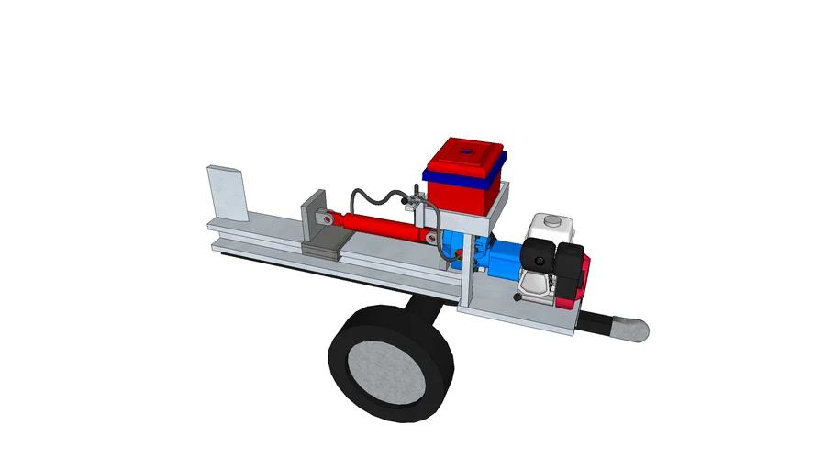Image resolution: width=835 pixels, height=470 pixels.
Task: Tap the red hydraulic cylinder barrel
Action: coord(385,226)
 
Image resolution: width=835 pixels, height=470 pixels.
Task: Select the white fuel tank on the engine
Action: coord(551,229)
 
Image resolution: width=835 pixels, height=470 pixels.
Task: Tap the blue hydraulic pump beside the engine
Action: coord(491,262)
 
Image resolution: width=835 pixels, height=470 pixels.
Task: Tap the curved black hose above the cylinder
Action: coord(376,195)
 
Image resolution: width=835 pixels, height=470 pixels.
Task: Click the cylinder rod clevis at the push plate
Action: coord(325,218)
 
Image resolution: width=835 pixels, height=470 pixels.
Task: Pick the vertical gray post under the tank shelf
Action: coord(468,271)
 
